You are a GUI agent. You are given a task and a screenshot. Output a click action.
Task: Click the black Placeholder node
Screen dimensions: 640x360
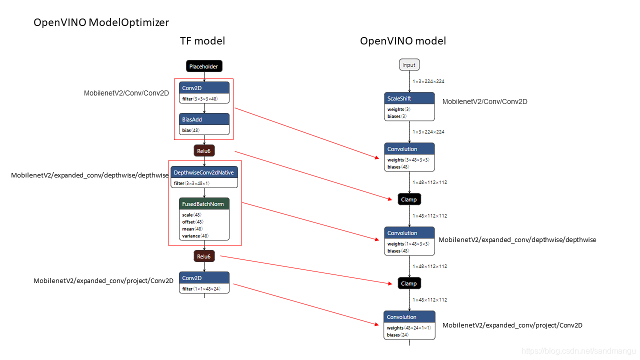click(204, 66)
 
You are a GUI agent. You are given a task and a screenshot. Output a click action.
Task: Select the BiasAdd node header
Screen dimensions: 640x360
click(204, 119)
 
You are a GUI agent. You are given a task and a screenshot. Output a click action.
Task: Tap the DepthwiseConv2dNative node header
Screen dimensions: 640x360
click(204, 172)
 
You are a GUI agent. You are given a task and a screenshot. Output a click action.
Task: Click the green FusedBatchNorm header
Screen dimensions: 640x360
click(204, 203)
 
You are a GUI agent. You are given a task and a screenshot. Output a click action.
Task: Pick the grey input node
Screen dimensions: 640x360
click(409, 65)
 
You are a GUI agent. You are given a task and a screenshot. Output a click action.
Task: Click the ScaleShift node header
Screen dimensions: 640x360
click(409, 98)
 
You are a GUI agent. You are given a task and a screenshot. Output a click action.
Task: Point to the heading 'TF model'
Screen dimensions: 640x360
click(202, 41)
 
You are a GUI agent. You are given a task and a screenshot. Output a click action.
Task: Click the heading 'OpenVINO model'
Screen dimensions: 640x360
click(403, 41)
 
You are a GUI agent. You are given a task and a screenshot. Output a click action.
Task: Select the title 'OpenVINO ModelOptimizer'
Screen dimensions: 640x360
click(101, 22)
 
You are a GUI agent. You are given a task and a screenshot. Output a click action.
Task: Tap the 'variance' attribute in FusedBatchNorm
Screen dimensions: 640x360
click(195, 235)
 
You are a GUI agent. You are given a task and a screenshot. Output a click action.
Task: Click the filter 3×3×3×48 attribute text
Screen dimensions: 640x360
click(200, 99)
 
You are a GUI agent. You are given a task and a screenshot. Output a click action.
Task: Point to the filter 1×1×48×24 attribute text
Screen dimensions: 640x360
click(201, 289)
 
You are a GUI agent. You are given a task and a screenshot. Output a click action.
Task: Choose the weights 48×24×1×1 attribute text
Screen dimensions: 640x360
click(409, 327)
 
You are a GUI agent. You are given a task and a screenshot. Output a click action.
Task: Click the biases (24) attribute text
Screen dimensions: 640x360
click(397, 335)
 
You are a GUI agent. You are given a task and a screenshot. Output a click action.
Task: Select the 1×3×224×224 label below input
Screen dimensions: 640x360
click(428, 81)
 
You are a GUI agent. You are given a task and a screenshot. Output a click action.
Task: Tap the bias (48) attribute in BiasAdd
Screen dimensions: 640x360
click(191, 130)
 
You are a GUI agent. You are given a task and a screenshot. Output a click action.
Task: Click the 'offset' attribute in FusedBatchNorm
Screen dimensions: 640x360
click(193, 221)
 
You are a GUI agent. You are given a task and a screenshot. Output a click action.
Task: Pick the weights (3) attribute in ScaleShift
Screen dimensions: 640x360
click(399, 109)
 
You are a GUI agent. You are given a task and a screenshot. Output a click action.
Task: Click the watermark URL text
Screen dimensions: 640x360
click(578, 351)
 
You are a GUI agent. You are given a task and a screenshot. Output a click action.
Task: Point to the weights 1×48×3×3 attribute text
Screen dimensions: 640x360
click(408, 243)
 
